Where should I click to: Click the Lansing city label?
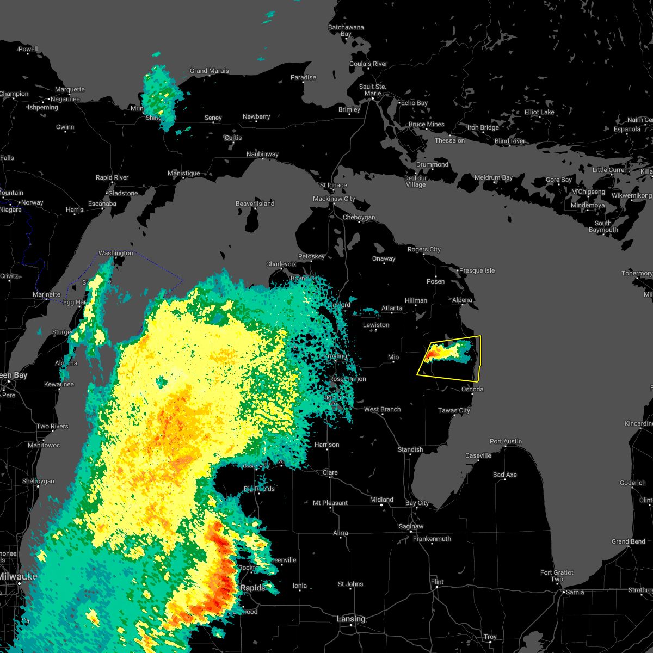pos(351,619)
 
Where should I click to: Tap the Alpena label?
pos(462,300)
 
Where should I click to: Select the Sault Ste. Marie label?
pos(373,90)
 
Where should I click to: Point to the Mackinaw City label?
pos(334,199)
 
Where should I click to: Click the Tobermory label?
pos(637,273)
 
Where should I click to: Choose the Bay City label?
pos(417,503)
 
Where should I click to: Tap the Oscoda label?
pos(472,389)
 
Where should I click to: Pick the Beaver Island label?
pos(255,204)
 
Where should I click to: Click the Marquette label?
pos(70,89)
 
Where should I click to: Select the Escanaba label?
pos(102,204)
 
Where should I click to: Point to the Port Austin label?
pos(506,441)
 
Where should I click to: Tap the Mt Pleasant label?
pos(330,503)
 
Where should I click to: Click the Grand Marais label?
pos(209,71)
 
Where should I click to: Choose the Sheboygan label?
pos(38,481)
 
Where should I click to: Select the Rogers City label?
pos(424,249)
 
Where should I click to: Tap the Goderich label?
pos(633,483)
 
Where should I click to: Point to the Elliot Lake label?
pos(539,112)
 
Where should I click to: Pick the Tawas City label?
pos(454,410)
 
